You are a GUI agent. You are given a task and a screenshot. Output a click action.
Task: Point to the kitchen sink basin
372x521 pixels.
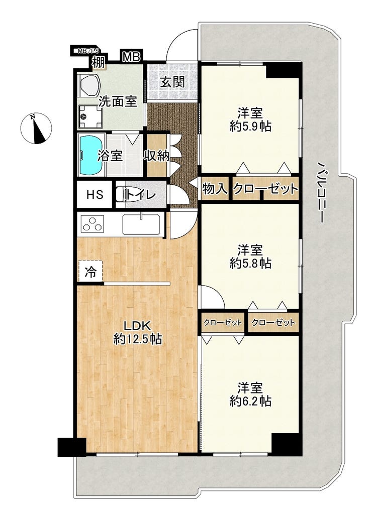coord(141,225)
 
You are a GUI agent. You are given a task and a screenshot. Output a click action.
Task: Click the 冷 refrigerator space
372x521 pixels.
coord(90,272)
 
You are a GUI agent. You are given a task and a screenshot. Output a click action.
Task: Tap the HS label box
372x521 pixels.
coord(95,194)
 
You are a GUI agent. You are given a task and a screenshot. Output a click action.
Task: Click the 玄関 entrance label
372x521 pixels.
coord(173,81)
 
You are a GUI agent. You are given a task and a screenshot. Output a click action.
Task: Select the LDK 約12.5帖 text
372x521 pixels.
coord(138,332)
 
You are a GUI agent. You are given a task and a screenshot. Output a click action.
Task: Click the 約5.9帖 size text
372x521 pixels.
coord(250,126)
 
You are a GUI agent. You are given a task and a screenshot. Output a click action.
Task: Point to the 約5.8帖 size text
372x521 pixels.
coord(250,264)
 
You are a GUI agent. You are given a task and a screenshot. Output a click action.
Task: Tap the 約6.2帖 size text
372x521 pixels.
coord(250,401)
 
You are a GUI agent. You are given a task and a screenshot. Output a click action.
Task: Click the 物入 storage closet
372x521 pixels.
coord(215,189)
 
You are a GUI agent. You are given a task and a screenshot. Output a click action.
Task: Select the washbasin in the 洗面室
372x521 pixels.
coord(89,85)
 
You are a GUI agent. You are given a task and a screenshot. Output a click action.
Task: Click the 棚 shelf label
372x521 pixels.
coord(99,62)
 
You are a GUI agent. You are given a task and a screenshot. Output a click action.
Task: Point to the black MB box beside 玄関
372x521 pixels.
coord(131,57)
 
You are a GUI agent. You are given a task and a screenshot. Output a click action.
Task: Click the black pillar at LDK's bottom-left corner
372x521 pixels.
coord(71,447)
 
